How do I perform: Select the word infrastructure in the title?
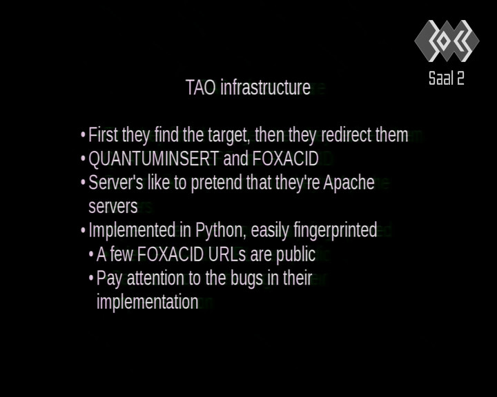(x=265, y=88)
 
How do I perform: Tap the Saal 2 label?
(x=447, y=78)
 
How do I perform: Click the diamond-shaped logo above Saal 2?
(x=447, y=41)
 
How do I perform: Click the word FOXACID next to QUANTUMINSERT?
(x=285, y=159)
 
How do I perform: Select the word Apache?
(x=349, y=183)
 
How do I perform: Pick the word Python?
(x=221, y=230)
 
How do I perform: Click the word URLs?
(x=224, y=254)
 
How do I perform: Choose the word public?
(x=295, y=254)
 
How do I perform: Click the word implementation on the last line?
(x=148, y=302)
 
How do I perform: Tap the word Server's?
(x=116, y=183)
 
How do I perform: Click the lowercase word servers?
(x=113, y=207)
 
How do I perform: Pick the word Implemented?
(x=132, y=230)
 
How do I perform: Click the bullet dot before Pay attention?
(x=91, y=278)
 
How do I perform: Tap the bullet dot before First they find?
(x=83, y=135)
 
